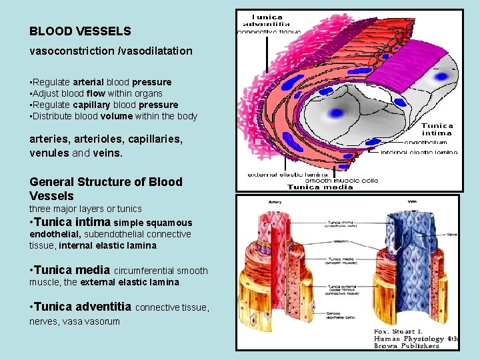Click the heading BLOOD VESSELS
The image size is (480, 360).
click(80, 31)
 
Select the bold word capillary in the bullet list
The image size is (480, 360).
click(109, 105)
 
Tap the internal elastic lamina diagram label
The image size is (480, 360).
click(419, 152)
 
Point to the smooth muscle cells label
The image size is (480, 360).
click(341, 180)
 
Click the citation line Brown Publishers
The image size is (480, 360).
click(406, 346)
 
